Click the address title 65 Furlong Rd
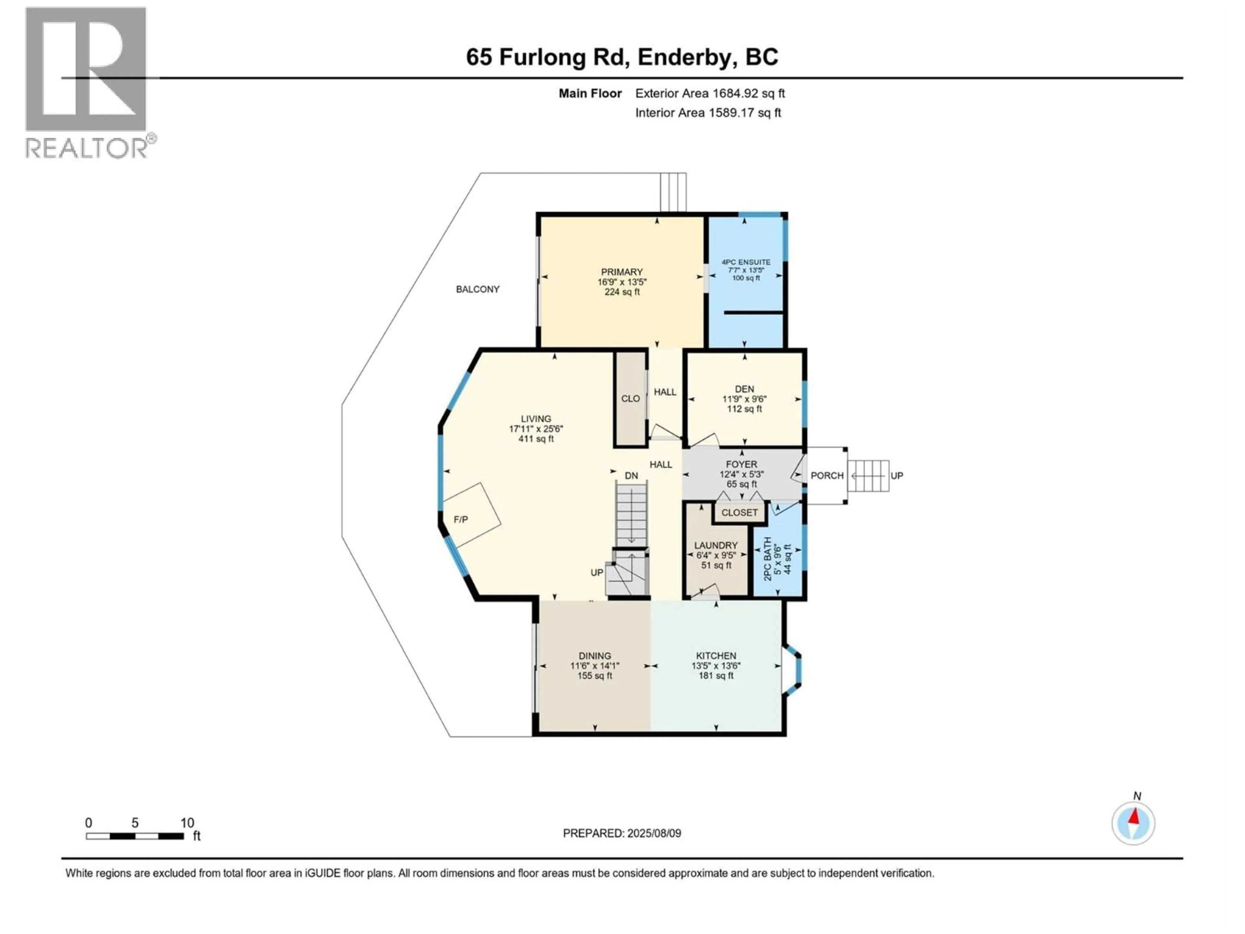pos(622,57)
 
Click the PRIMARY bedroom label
pos(622,272)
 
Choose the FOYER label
pos(741,464)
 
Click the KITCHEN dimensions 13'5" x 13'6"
pos(716,665)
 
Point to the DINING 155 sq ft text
pos(594,676)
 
